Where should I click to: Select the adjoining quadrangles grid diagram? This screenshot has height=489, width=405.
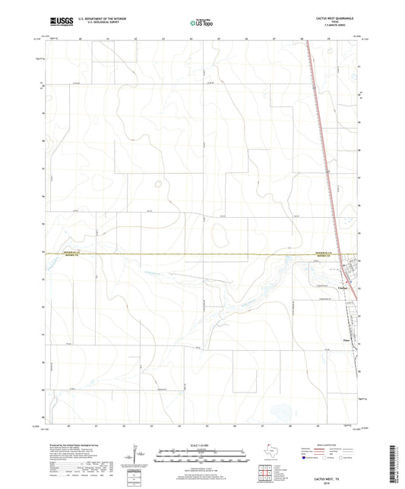pyautogui.click(x=267, y=472)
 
